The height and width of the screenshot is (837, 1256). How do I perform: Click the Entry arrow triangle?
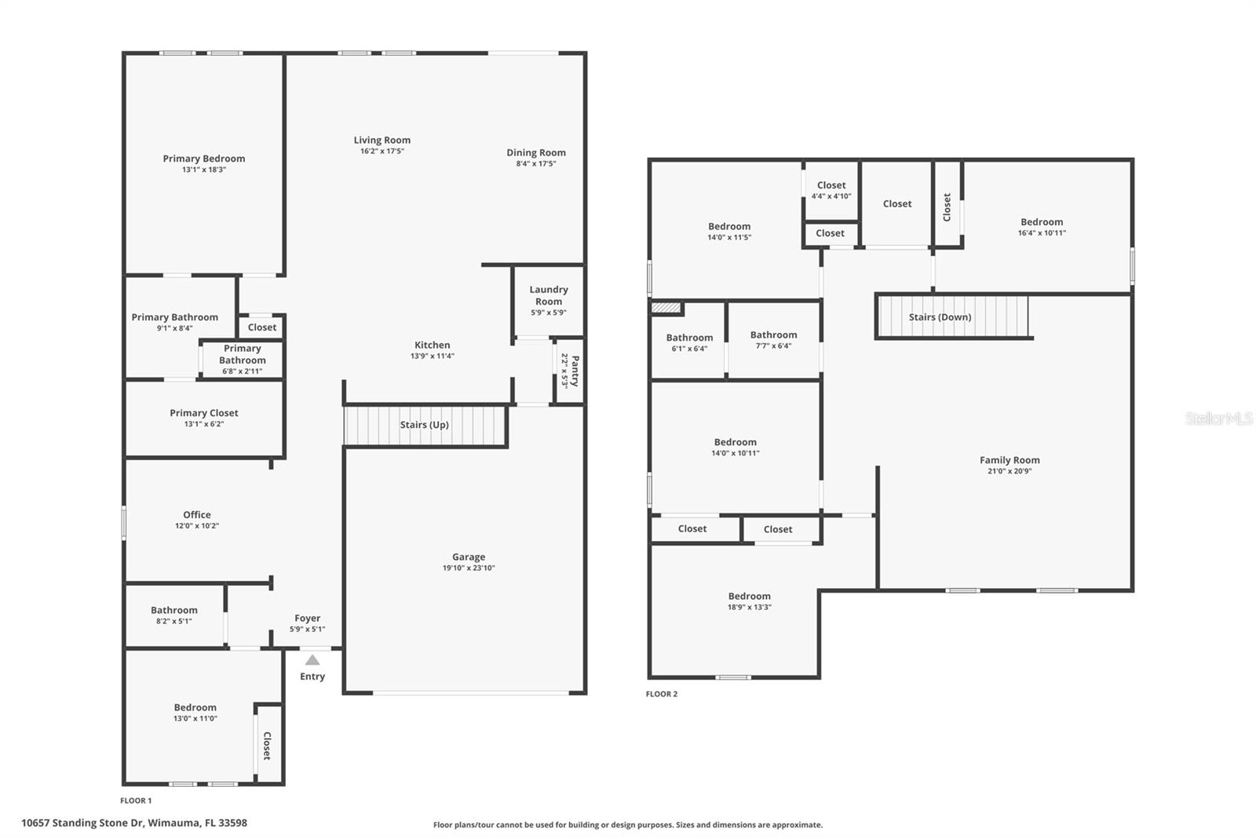click(x=312, y=660)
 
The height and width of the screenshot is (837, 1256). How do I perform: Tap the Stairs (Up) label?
click(x=424, y=425)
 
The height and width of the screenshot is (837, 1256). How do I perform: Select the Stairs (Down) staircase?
click(x=952, y=317)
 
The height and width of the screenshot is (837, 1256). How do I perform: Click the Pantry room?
click(x=569, y=371)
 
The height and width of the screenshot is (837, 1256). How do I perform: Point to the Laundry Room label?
click(x=548, y=295)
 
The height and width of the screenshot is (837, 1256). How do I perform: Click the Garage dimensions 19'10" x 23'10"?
click(x=469, y=568)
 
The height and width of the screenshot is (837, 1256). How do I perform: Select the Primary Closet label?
click(x=204, y=413)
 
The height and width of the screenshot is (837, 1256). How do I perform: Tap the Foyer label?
click(x=307, y=618)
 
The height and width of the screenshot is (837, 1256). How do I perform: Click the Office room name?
click(x=197, y=515)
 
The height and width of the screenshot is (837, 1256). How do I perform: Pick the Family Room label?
click(x=1010, y=460)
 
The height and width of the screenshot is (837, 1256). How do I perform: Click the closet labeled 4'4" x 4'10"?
click(x=831, y=191)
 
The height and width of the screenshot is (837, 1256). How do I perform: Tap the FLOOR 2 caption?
click(x=662, y=694)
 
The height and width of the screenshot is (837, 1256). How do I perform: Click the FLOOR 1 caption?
click(x=136, y=801)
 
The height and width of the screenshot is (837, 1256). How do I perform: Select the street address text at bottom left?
click(x=134, y=823)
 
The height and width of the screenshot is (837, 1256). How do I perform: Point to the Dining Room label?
click(x=536, y=153)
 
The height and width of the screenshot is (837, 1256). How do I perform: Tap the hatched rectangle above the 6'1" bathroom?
click(x=666, y=308)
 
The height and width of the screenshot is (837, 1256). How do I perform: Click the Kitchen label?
click(x=433, y=345)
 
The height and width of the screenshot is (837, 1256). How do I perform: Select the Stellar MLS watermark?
click(x=1218, y=419)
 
